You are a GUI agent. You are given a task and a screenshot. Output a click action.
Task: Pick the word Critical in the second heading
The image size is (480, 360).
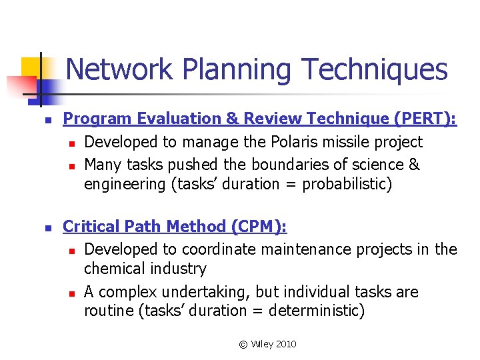pyautogui.click(x=89, y=227)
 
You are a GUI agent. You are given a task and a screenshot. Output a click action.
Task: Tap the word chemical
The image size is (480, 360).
pyautogui.click(x=114, y=269)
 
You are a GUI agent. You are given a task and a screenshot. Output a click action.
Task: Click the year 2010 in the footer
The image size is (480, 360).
pyautogui.click(x=285, y=344)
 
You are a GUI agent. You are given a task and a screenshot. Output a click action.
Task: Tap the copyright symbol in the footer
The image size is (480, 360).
pyautogui.click(x=243, y=344)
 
